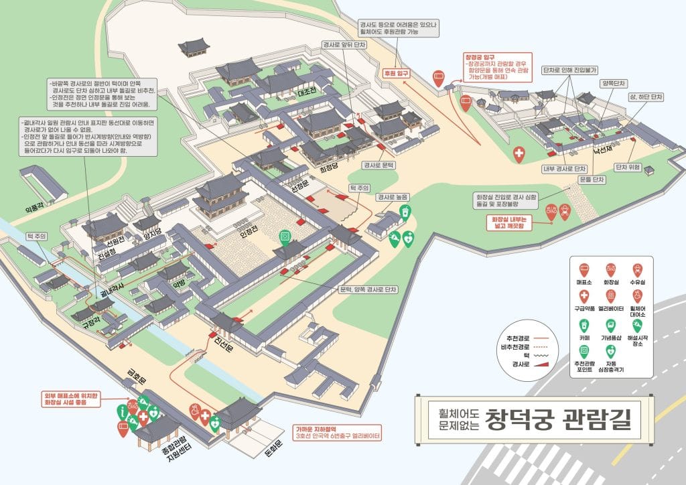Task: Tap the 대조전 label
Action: (x=307, y=91)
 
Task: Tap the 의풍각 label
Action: (x=35, y=209)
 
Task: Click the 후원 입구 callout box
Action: (x=395, y=73)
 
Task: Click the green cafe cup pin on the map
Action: (x=405, y=212)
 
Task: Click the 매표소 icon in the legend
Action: (x=584, y=269)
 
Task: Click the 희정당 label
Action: (x=328, y=169)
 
